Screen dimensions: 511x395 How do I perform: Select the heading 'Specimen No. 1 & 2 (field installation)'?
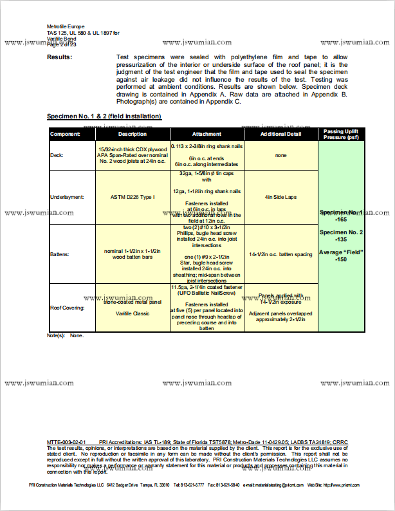(x=104, y=116)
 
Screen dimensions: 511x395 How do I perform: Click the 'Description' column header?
(x=132, y=134)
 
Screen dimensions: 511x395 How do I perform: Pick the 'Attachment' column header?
(x=207, y=134)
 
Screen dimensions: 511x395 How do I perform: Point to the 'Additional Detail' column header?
(x=280, y=134)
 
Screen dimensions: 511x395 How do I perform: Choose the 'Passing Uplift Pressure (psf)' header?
(x=341, y=134)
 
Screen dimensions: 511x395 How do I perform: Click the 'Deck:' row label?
(x=57, y=155)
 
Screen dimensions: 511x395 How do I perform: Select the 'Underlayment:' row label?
(x=67, y=196)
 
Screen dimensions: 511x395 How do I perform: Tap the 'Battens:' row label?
(x=60, y=254)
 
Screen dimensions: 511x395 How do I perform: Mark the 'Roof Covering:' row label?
(x=68, y=308)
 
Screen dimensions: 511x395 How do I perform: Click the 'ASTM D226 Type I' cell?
(x=133, y=196)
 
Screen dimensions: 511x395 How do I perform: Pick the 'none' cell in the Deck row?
(x=280, y=155)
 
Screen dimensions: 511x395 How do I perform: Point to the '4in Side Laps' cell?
(x=280, y=196)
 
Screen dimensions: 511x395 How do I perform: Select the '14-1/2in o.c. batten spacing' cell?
(x=280, y=254)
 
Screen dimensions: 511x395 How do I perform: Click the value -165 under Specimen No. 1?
(x=341, y=219)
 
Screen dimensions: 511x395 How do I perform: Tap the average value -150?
(x=341, y=259)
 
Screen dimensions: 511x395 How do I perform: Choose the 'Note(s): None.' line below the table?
(x=66, y=335)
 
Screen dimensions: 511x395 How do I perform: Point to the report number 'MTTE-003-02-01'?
(x=67, y=442)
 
